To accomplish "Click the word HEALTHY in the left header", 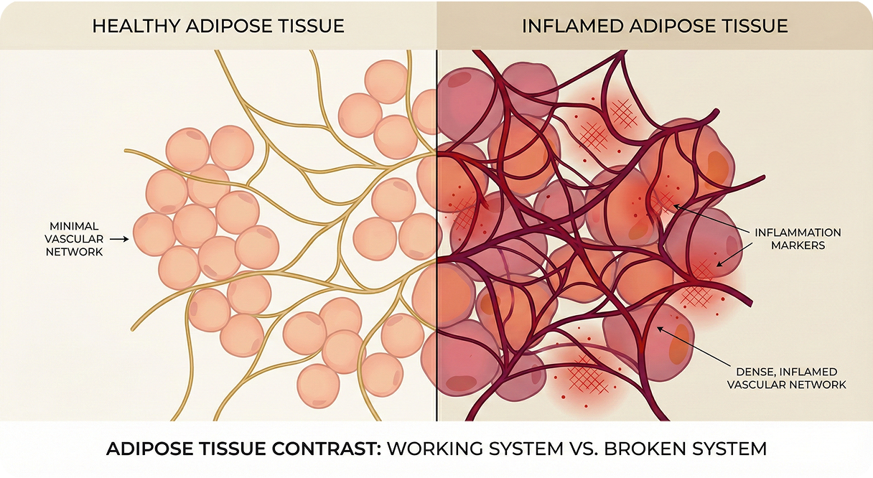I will click(136, 27).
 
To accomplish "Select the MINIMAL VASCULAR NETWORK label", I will click(75, 238).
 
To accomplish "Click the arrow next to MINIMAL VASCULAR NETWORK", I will click(121, 239).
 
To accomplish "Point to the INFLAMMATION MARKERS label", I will click(797, 238).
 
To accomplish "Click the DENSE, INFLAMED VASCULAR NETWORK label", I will click(786, 378).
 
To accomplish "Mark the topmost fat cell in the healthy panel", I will click(386, 81).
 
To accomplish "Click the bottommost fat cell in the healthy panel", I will click(319, 386).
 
